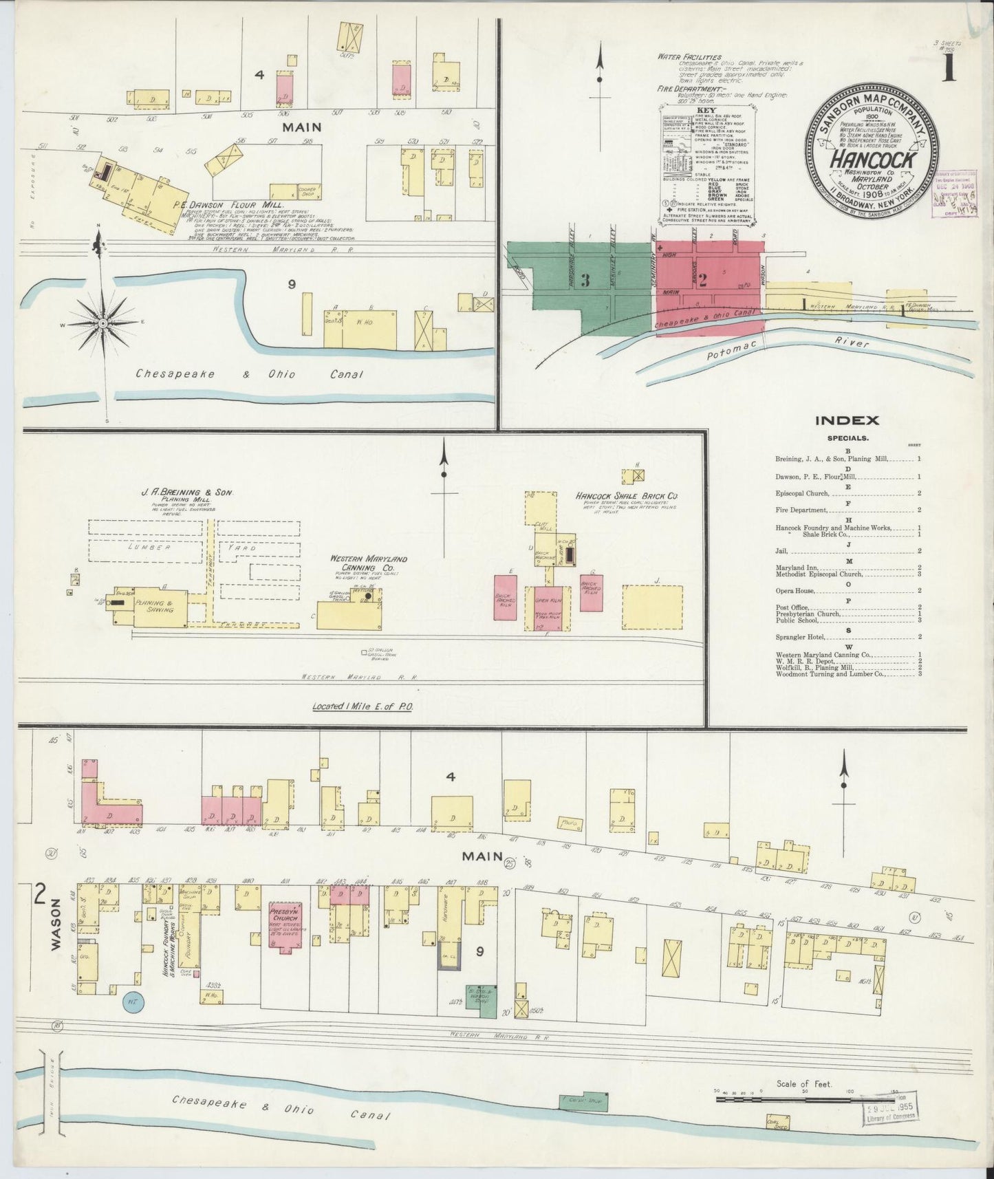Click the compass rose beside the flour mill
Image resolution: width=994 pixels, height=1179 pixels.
click(x=102, y=323)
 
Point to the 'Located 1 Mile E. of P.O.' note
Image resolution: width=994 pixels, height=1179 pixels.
click(x=362, y=706)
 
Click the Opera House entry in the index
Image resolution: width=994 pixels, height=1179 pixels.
click(x=795, y=591)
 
